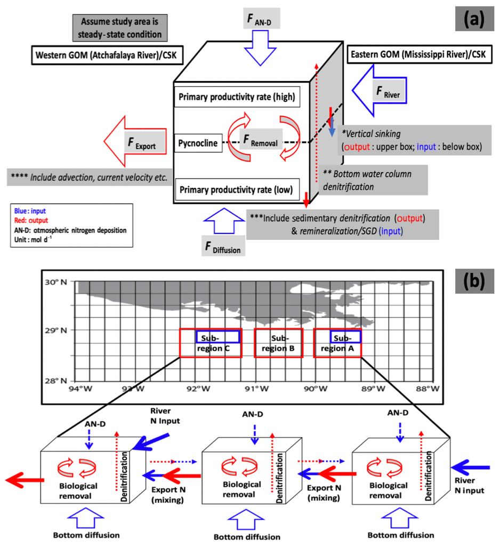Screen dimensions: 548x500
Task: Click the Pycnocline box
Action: (198, 143)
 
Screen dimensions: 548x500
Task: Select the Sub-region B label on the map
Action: (279, 344)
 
